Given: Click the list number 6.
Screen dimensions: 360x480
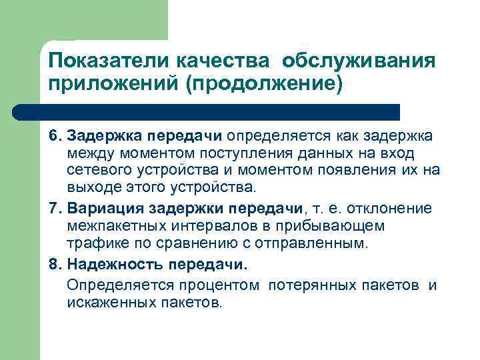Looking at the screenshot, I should point(53,137).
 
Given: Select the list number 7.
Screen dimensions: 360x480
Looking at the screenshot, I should point(53,209).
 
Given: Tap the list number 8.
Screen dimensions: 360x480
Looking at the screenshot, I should point(53,264).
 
